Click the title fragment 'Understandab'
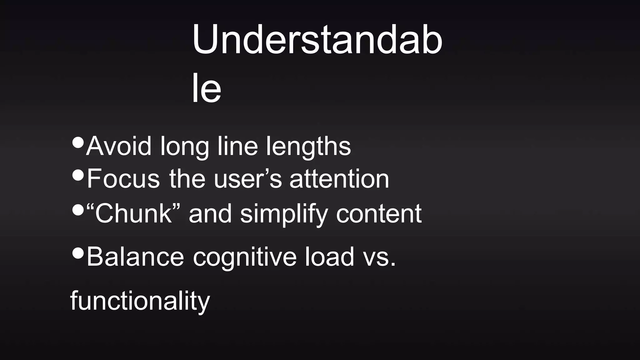[x=317, y=40]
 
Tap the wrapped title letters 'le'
[x=206, y=88]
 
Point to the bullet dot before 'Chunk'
[x=78, y=210]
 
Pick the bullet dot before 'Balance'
[x=78, y=253]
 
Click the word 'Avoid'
[x=119, y=146]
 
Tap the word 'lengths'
[x=308, y=146]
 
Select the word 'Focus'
[x=123, y=179]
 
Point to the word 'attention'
[x=339, y=179]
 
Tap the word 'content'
[x=379, y=214]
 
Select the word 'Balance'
[x=135, y=257]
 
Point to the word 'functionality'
[x=140, y=301]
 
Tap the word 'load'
[x=329, y=257]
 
